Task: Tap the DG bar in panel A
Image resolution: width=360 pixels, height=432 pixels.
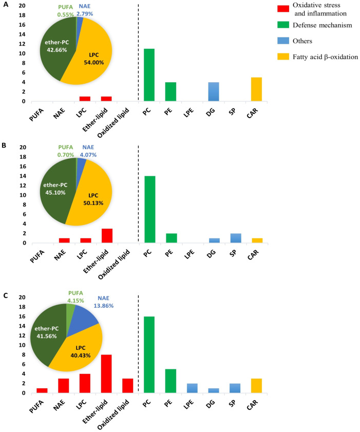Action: click(x=214, y=91)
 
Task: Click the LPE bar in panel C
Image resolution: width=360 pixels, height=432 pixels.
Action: click(x=192, y=388)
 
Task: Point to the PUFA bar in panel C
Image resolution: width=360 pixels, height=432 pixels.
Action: click(x=42, y=390)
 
